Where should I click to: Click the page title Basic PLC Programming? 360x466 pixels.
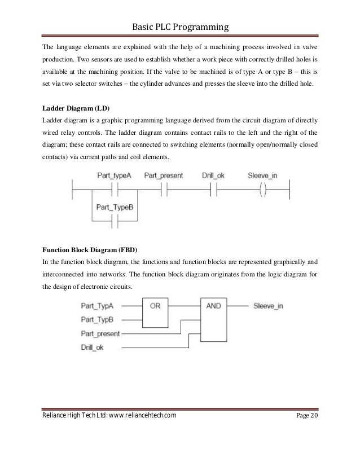coord(180,27)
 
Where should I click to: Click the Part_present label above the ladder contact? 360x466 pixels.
coord(164,176)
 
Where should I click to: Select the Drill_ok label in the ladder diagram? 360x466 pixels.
coord(213,176)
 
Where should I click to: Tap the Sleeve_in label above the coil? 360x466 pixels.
coord(262,176)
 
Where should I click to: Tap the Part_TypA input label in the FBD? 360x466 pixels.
coord(98,306)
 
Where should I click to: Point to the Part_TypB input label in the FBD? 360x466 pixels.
coord(98,319)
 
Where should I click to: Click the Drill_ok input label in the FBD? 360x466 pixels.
coord(93,346)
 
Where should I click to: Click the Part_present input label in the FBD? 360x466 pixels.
coord(101,333)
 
